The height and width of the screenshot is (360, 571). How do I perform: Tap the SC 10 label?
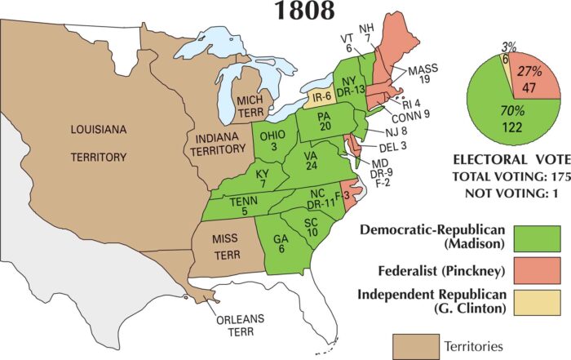pyautogui.click(x=311, y=227)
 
